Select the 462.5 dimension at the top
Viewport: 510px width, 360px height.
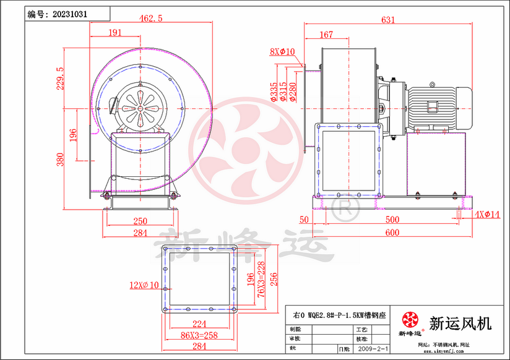150,19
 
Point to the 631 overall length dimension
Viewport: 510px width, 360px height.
387,20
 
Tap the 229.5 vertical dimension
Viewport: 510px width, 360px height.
60,79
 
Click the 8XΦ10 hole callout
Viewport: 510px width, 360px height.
282,52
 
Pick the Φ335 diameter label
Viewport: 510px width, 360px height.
274,91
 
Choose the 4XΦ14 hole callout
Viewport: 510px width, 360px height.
488,215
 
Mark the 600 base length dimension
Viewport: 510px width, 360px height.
391,233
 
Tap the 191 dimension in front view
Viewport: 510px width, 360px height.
115,33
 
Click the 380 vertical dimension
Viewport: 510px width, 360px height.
60,160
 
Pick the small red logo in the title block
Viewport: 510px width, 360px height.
410,320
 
